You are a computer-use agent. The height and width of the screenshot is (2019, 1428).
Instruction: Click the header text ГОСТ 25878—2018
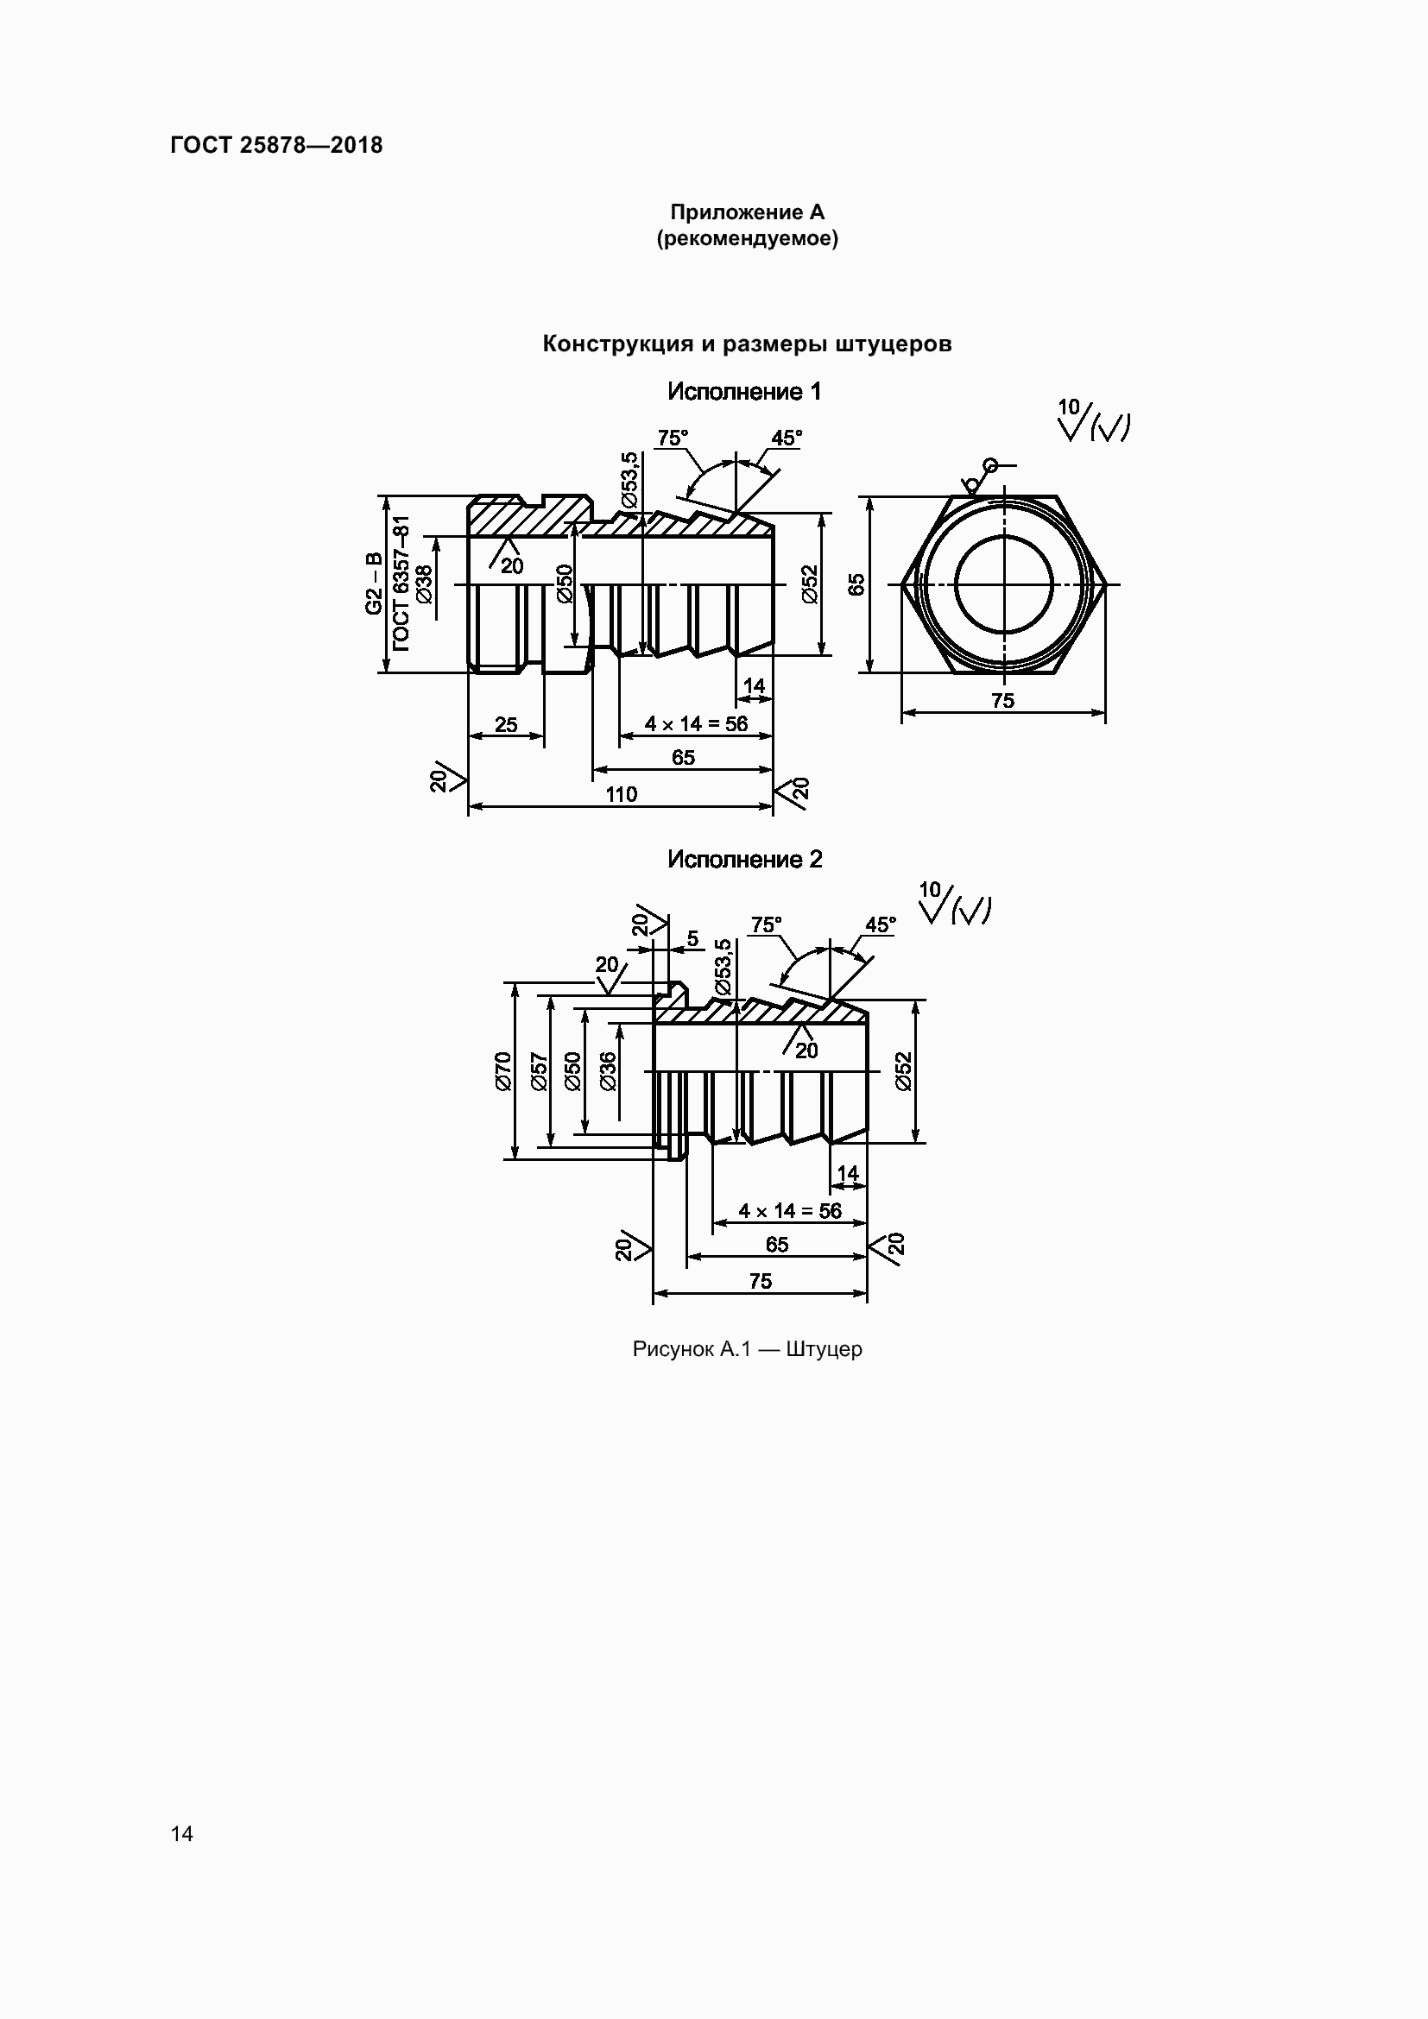[276, 145]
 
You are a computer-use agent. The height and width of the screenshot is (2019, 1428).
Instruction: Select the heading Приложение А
[748, 212]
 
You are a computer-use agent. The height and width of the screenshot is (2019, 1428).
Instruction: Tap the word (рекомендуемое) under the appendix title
[748, 238]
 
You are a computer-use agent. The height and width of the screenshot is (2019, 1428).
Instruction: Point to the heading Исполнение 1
[744, 392]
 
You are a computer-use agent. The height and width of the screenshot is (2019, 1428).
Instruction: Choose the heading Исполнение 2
[745, 859]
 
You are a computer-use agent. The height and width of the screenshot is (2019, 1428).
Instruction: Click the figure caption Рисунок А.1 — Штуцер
[748, 1349]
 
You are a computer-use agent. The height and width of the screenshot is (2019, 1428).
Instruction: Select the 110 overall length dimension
[621, 794]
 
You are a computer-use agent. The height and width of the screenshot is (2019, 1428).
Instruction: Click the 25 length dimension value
[506, 724]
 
